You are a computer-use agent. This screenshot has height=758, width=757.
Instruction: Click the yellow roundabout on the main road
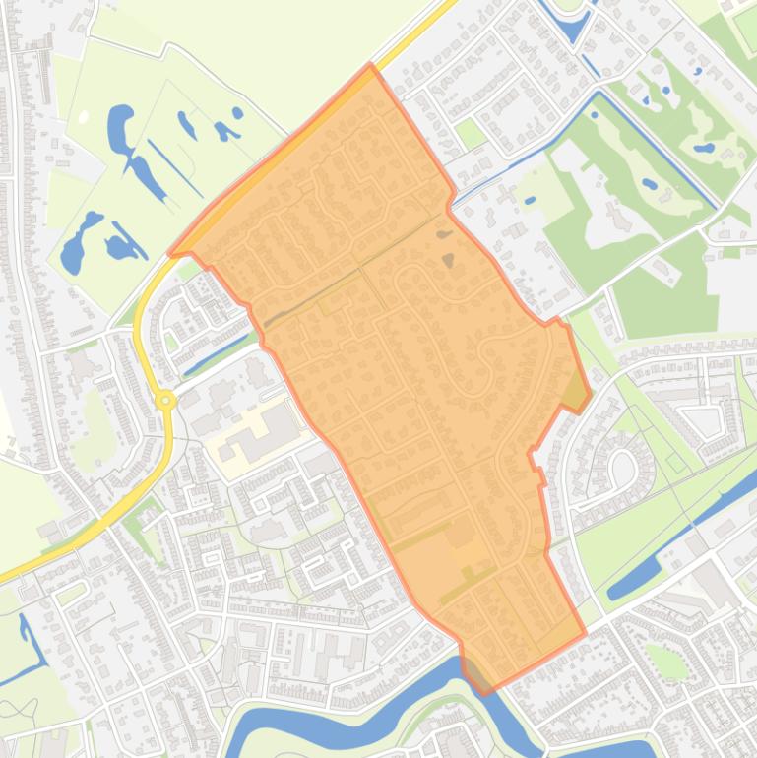coord(165,400)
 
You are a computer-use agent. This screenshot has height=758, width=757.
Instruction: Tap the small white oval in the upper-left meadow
coord(84,117)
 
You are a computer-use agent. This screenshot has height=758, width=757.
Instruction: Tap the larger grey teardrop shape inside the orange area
coord(449,261)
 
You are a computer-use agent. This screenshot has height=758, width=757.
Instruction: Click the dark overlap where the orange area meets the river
coord(476,675)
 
